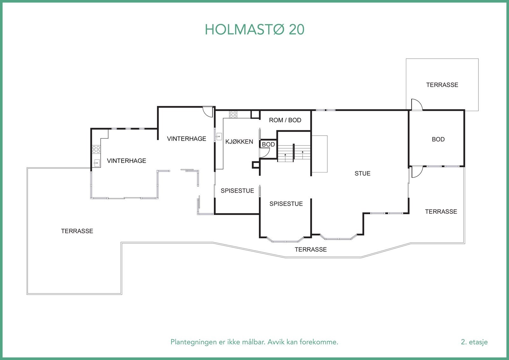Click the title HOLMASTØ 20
[x=254, y=30]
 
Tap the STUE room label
[x=362, y=173]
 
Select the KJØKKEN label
[x=239, y=142]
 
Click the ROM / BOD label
[x=285, y=120]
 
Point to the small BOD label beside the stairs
[x=268, y=145]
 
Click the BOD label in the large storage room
[x=438, y=139]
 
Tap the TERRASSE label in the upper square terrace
[x=442, y=85]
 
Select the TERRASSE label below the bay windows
[x=310, y=250]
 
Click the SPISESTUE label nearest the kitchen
[x=237, y=191]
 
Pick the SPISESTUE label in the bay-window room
[x=286, y=204]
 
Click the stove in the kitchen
[x=233, y=114]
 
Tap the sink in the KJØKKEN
[x=219, y=137]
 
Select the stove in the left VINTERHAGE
[x=96, y=149]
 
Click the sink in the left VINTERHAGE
[x=97, y=163]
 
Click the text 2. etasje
[x=474, y=342]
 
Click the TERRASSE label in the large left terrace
[x=77, y=231]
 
